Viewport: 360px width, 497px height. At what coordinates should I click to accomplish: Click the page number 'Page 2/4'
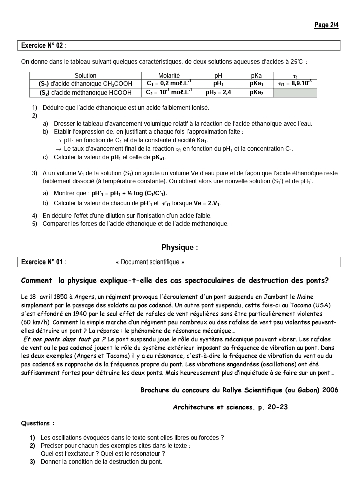(x=326, y=25)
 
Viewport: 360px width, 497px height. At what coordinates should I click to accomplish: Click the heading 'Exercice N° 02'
(x=42, y=46)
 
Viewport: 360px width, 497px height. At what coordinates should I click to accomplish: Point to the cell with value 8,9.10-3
(x=295, y=84)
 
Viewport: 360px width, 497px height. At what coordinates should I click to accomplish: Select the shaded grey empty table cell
(x=295, y=93)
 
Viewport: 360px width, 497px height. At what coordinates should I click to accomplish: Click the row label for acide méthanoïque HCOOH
(x=85, y=93)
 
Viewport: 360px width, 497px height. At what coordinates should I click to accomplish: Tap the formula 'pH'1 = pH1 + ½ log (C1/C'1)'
(x=129, y=193)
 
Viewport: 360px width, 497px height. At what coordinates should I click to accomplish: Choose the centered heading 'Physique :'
(x=180, y=247)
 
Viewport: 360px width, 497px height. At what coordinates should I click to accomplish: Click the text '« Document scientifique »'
(x=150, y=262)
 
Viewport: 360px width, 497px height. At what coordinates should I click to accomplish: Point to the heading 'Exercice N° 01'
(x=42, y=262)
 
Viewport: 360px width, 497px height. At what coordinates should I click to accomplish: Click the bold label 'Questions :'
(x=38, y=423)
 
